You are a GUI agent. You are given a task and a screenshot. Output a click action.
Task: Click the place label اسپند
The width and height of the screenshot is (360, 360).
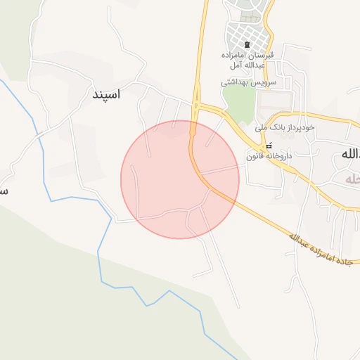pyautogui.click(x=106, y=93)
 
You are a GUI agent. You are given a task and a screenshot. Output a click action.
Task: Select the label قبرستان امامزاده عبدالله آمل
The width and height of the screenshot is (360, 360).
pyautogui.click(x=251, y=60)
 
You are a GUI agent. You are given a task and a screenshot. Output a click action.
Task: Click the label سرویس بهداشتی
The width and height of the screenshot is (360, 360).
pyautogui.click(x=249, y=82)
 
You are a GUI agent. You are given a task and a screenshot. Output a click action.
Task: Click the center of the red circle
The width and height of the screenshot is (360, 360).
pyautogui.click(x=180, y=179)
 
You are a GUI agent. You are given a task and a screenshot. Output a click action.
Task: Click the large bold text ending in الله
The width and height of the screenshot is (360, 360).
pyautogui.click(x=349, y=154)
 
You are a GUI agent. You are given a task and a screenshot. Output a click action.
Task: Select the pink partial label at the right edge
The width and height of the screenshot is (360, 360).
pyautogui.click(x=352, y=179)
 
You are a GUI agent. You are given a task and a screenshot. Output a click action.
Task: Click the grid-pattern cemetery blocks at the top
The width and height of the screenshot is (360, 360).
pyautogui.click(x=248, y=33)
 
